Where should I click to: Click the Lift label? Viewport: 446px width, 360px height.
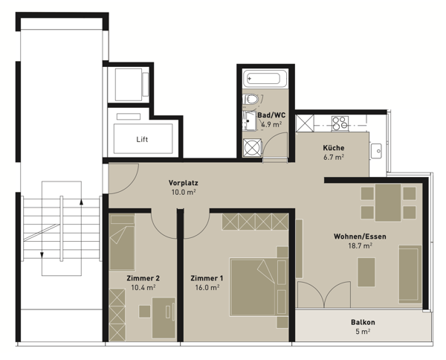[143, 139]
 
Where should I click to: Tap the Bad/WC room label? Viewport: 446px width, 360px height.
[270, 115]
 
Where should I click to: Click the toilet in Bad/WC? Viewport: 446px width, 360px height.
[253, 99]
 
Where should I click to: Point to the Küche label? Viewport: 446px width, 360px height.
[333, 147]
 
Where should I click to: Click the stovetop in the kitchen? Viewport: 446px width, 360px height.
[340, 123]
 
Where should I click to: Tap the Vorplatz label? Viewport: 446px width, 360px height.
[182, 182]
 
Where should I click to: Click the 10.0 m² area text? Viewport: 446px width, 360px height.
[182, 192]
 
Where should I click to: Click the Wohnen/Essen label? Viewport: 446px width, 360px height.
[360, 236]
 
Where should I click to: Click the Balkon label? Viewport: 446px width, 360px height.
[363, 322]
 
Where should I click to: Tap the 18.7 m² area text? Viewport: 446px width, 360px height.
[360, 245]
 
